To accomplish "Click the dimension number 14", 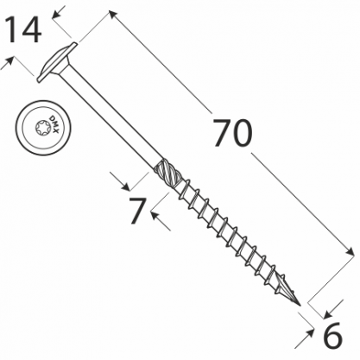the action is pos(23,30).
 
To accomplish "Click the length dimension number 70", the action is pos(232,133).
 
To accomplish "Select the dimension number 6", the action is pos(333,335).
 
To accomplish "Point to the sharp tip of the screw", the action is pos(300,306).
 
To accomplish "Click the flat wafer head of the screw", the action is pos(57,62).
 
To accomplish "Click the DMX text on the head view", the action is pos(54,124).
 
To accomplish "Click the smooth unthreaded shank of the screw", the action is pos(111,118).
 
